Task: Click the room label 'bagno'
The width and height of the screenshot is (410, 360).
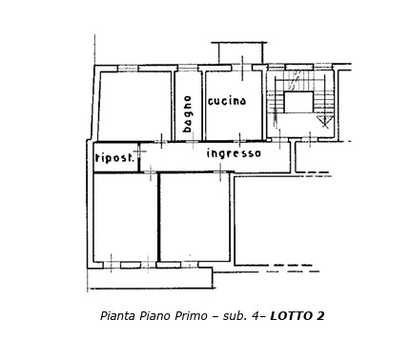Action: (x=188, y=112)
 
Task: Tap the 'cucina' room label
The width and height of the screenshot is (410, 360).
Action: (x=227, y=101)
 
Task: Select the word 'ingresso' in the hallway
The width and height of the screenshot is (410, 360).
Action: (x=234, y=153)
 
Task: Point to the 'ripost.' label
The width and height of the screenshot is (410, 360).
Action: (x=114, y=158)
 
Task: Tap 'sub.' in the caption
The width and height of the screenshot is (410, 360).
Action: (x=236, y=316)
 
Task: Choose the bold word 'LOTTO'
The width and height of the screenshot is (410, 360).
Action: (x=292, y=316)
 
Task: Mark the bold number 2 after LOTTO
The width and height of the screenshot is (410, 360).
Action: (x=320, y=316)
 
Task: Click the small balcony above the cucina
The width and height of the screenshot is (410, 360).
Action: (x=240, y=53)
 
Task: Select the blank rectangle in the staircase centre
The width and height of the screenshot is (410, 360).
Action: (x=297, y=102)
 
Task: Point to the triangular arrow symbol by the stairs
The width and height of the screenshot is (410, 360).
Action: (x=324, y=121)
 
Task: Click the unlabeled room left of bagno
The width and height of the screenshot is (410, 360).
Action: (x=134, y=105)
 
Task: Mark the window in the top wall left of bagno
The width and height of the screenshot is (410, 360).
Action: (x=127, y=68)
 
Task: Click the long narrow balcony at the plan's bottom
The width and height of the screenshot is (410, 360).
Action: (x=150, y=278)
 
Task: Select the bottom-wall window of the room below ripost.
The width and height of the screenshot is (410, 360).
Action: (x=130, y=264)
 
